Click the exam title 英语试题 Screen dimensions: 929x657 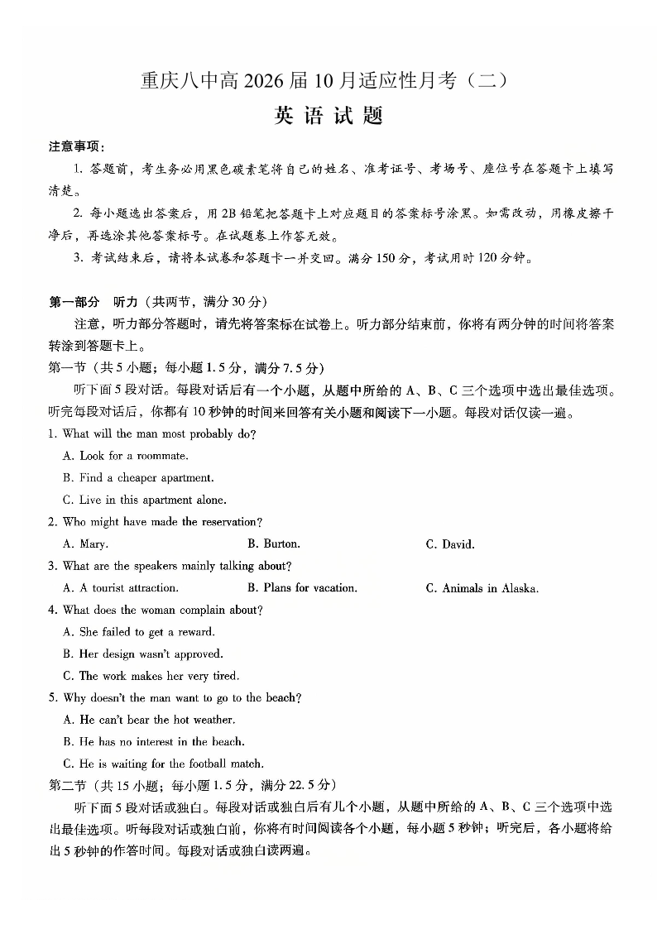coord(328,117)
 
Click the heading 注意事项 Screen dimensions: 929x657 coord(75,146)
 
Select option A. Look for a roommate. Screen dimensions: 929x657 coord(126,456)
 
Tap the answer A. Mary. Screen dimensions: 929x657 coord(85,544)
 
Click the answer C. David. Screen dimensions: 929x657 coord(450,544)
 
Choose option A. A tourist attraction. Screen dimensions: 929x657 coord(121,588)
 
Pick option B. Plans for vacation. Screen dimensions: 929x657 coord(302,588)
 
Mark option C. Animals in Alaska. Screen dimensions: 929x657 coord(482,588)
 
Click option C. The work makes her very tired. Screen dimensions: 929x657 coord(151,676)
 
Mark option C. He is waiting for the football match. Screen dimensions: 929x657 coord(163,764)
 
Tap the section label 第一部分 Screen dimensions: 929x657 coord(74,301)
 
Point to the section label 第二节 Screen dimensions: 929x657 coord(66,785)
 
